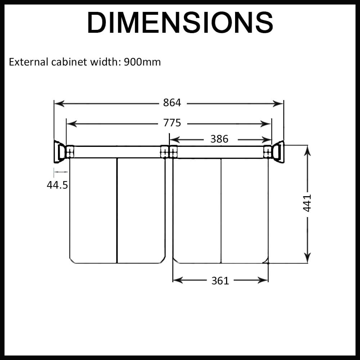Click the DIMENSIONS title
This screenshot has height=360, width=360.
(x=180, y=22)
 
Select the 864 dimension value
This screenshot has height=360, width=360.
(x=172, y=103)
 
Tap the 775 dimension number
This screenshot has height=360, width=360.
(x=172, y=123)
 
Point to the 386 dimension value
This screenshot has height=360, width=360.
(x=219, y=139)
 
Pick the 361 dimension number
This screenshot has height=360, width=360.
(x=220, y=281)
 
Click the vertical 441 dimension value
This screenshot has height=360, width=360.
(x=307, y=203)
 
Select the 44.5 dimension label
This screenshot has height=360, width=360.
(x=57, y=185)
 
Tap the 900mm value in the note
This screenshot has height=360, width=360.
(x=142, y=62)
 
